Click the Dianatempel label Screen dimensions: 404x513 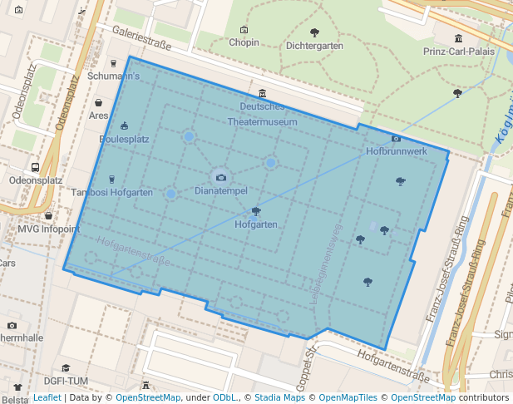point(220,191)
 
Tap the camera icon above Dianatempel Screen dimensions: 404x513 point(221,177)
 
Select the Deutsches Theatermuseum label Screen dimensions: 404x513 point(263,114)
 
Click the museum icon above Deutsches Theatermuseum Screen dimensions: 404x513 point(263,92)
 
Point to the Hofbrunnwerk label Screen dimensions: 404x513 point(397,152)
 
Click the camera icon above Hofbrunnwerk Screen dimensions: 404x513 point(396,138)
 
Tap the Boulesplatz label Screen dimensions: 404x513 point(124,140)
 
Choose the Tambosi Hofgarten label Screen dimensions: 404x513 point(112,193)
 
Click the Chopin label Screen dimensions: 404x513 point(244,42)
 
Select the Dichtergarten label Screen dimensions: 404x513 point(313,47)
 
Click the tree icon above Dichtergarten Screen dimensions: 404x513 point(314,32)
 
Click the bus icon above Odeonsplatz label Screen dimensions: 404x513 point(35,166)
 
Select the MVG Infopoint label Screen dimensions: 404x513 point(49,229)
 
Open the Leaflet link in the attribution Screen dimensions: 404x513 point(47,398)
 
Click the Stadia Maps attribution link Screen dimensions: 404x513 point(279,398)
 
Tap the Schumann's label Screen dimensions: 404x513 point(113,76)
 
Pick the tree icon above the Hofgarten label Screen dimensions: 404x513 point(255,210)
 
